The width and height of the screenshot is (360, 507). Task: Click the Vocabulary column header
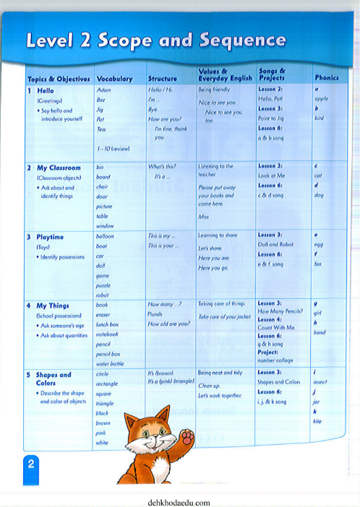pyautogui.click(x=114, y=78)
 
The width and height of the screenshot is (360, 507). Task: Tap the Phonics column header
pyautogui.click(x=326, y=77)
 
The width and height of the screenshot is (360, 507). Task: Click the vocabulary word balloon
pyautogui.click(x=105, y=236)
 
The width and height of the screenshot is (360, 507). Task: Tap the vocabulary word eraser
pyautogui.click(x=103, y=315)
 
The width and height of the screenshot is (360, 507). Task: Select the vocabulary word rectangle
pyautogui.click(x=108, y=383)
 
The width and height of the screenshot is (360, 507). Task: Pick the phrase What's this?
pyautogui.click(x=161, y=166)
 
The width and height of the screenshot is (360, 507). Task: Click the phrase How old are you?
pyautogui.click(x=168, y=324)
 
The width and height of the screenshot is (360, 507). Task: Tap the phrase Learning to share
pyautogui.click(x=217, y=235)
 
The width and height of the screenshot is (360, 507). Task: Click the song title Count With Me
pyautogui.click(x=277, y=327)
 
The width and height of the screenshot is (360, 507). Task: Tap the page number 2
pyautogui.click(x=31, y=464)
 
